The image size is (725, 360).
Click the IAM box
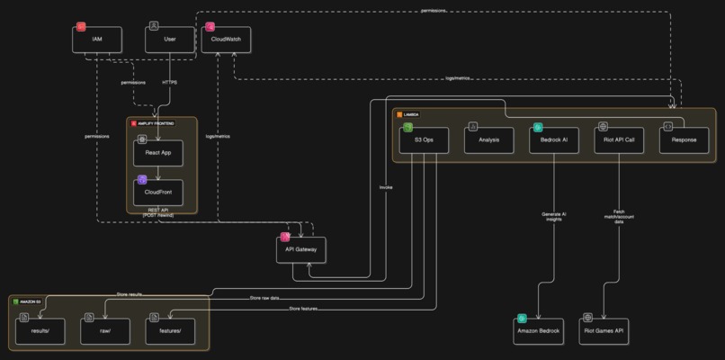point(97,40)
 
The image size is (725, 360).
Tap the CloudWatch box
point(226,40)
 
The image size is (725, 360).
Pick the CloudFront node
point(158,192)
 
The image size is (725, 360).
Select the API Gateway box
point(301,248)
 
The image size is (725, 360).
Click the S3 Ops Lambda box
point(424,139)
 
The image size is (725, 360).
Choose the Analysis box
point(488,139)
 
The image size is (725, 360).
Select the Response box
point(684,139)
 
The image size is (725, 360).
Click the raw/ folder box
point(106,329)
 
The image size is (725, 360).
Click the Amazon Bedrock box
point(539,329)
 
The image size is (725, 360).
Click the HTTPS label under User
point(169,83)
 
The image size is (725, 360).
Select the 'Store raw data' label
point(267,298)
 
